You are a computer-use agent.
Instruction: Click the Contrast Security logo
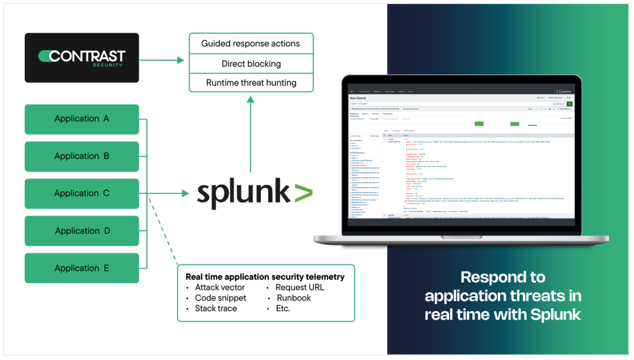pos(82,58)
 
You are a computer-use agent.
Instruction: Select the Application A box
pos(82,118)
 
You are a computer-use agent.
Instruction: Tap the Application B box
pos(82,156)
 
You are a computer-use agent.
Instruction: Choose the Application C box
pos(82,193)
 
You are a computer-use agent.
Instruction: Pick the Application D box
pos(82,230)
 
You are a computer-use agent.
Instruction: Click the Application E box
pos(82,268)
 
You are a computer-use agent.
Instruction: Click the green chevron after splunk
pos(302,193)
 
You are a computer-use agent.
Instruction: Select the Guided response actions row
pos(251,44)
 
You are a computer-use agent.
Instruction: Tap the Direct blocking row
pos(251,64)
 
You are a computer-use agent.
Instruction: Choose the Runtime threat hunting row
pos(251,83)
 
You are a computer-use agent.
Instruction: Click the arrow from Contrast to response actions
pos(162,60)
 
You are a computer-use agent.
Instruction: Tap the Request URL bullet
pos(299,287)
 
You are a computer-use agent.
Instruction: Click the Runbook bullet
pos(293,298)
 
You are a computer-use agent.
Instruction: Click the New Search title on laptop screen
pos(359,98)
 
